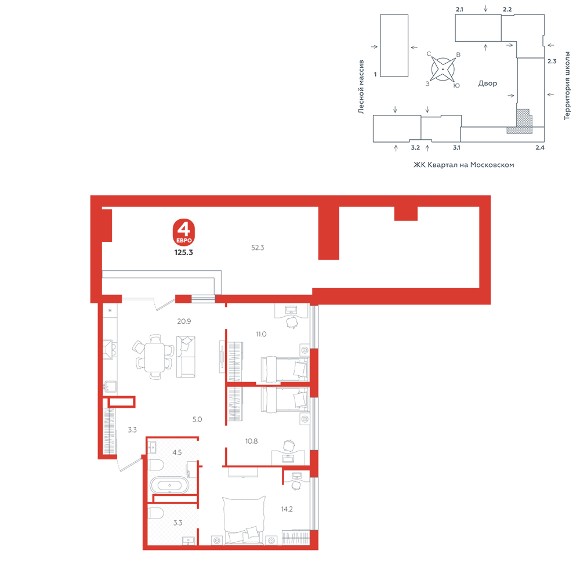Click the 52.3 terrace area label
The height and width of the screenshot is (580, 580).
258,248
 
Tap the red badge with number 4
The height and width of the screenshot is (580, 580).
184,233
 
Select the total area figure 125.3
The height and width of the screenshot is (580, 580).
184,252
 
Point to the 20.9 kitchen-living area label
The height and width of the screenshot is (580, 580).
184,321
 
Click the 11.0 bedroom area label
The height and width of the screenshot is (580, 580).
261,334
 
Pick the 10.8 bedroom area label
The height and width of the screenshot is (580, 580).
252,441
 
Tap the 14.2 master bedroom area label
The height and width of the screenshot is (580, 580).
287,509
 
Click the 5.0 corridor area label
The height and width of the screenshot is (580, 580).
197,419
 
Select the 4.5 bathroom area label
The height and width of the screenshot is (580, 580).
177,452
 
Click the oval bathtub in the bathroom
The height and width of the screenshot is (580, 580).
169,485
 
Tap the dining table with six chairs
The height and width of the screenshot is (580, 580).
154,357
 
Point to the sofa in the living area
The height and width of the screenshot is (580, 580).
186,357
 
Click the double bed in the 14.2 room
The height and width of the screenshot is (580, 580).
244,520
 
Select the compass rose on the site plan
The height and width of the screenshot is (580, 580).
443,69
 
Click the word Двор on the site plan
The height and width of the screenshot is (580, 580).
488,83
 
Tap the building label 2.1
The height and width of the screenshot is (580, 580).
459,9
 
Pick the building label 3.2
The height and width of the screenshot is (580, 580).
415,147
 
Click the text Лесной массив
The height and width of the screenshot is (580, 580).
361,86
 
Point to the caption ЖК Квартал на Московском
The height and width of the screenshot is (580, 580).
464,165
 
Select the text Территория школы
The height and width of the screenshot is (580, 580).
567,85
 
